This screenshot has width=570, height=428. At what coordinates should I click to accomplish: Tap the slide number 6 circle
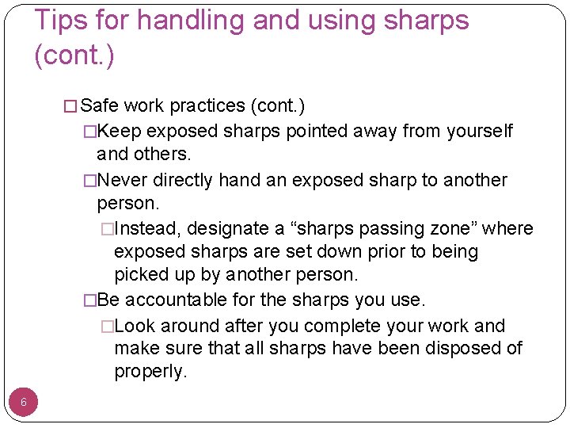point(24,402)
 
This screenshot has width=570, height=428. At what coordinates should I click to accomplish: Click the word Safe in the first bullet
point(100,105)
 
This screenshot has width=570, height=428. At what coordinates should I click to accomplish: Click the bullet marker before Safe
point(71,106)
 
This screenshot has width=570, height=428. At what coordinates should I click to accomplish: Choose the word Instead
point(148,229)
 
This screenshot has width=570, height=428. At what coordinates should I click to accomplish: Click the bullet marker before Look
point(108,327)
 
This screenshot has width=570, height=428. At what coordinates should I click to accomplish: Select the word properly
point(150,371)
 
